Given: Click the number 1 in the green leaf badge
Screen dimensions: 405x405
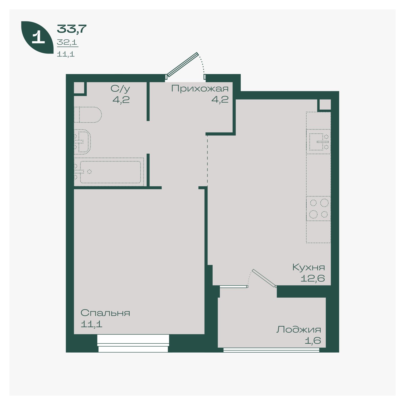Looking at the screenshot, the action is tap(38, 37).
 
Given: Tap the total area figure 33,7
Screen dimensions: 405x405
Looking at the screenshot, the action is tap(72, 29).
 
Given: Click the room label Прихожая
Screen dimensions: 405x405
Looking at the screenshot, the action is tap(200, 89).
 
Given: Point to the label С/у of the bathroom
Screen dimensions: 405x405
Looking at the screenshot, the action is tap(120, 89).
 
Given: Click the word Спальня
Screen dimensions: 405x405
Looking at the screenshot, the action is tap(105, 313).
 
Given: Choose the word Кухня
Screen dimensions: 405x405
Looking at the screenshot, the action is tap(309, 267).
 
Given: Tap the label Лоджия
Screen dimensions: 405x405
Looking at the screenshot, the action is tap(299, 329).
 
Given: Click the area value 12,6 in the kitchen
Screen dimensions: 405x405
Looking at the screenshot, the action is tap(312, 279).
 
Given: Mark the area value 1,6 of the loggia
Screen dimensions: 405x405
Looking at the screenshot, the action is tap(313, 341).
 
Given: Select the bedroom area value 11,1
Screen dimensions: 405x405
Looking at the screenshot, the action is tap(91, 324).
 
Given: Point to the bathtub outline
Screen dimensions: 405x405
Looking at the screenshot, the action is tap(109, 172).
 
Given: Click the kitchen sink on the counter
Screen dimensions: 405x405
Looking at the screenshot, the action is tap(319, 142).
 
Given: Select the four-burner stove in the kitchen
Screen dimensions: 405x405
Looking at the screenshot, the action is tap(319, 209).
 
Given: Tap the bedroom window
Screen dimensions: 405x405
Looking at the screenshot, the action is tap(133, 343).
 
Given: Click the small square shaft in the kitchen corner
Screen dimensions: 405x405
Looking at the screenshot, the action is tap(325, 104).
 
